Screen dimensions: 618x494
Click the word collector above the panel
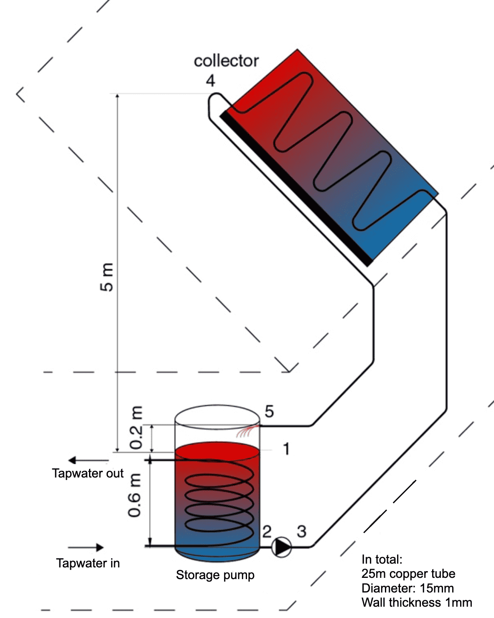pos(226,61)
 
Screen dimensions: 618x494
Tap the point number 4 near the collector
pos(210,80)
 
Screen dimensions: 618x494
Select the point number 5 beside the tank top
pos(269,411)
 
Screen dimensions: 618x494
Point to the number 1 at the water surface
pos(286,449)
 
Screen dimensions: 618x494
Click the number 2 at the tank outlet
pos(267,531)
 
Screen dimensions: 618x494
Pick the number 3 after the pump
pos(301,531)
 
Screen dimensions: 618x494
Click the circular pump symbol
pos(282,546)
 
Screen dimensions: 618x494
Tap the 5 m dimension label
pos(107,277)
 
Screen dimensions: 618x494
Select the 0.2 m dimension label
pos(136,427)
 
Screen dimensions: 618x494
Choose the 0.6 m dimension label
pos(135,495)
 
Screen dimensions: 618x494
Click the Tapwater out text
pos(88,473)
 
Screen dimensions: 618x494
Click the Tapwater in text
pos(88,563)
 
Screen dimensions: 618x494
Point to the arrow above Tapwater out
pos(88,460)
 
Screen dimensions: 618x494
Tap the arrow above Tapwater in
pos(86,547)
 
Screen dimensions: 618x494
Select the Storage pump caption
pos(215,575)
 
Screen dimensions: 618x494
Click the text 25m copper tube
pos(408,574)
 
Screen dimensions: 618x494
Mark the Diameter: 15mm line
pos(407,588)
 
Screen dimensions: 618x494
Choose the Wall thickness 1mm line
pos(417,603)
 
